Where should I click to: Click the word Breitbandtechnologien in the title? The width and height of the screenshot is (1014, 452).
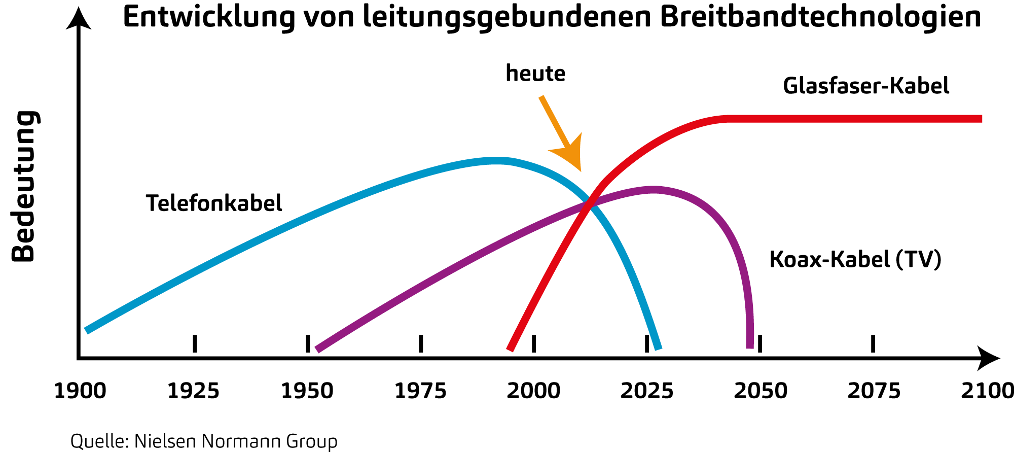pyautogui.click(x=820, y=18)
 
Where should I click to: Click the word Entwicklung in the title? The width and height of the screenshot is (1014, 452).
pyautogui.click(x=209, y=18)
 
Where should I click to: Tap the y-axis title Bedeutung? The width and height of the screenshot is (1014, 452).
pyautogui.click(x=23, y=186)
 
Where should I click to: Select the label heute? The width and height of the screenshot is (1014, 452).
pyautogui.click(x=535, y=74)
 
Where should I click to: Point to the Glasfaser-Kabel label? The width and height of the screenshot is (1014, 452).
pyautogui.click(x=866, y=86)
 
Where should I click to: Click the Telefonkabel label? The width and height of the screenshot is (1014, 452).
pyautogui.click(x=214, y=203)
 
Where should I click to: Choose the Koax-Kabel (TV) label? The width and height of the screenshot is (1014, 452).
pyautogui.click(x=855, y=259)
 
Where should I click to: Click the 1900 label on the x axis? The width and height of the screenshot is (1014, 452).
pyautogui.click(x=80, y=391)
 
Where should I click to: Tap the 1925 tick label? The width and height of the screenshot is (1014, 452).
pyautogui.click(x=194, y=391)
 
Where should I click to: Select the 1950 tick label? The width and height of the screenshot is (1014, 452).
pyautogui.click(x=307, y=391)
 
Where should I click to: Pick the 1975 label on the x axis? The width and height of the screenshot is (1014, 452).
pyautogui.click(x=420, y=391)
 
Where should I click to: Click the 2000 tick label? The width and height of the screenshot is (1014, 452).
pyautogui.click(x=533, y=391)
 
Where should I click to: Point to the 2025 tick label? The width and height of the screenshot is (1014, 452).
pyautogui.click(x=647, y=391)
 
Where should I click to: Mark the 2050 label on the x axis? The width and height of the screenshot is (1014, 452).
pyautogui.click(x=760, y=391)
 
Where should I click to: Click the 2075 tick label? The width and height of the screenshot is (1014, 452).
pyautogui.click(x=874, y=391)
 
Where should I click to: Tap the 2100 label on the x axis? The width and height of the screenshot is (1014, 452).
pyautogui.click(x=987, y=391)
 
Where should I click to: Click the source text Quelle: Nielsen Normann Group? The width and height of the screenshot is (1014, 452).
pyautogui.click(x=204, y=441)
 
